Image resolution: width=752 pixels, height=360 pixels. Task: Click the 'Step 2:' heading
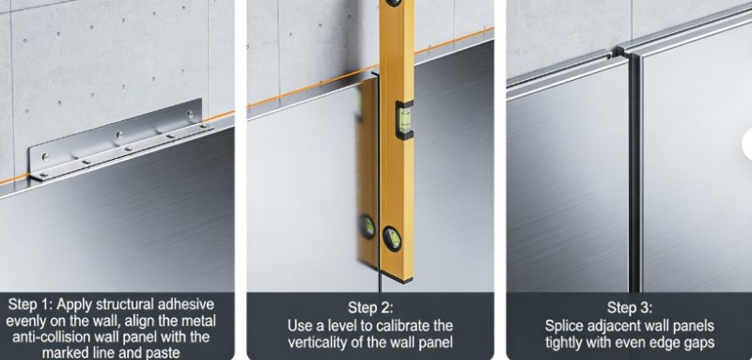tap(369, 307)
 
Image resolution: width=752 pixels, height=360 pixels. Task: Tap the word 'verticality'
tap(320, 342)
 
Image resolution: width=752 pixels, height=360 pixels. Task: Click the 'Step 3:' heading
tap(629, 307)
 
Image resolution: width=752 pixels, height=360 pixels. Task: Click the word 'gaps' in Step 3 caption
tap(698, 343)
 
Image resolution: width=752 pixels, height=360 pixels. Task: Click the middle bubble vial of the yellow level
tap(404, 119)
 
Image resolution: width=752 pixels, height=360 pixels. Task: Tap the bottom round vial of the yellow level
tap(392, 238)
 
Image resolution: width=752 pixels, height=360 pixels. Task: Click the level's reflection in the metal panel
tap(368, 173)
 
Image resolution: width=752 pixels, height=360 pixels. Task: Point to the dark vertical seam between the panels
tap(634, 173)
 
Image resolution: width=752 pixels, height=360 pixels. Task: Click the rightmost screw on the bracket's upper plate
tap(190, 114)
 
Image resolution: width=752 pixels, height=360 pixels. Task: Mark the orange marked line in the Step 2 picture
tap(370, 67)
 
